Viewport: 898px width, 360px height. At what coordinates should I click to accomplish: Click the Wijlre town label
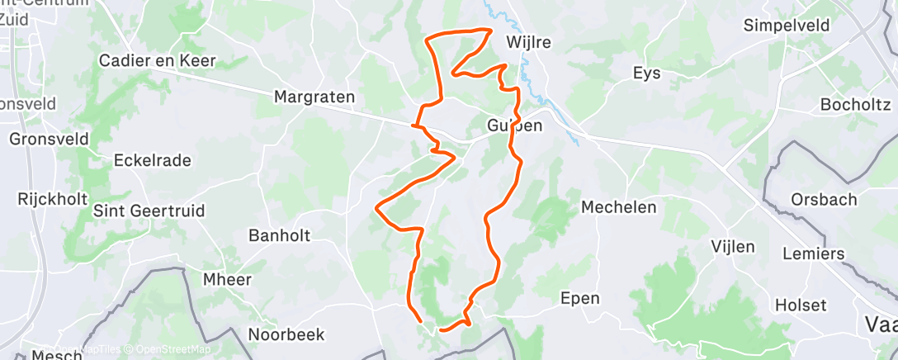(x=529, y=41)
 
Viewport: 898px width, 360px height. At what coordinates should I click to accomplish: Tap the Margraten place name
(x=314, y=97)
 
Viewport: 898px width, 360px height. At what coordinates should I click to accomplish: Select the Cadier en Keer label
(x=157, y=60)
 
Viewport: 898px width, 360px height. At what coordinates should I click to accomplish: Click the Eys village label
(x=646, y=73)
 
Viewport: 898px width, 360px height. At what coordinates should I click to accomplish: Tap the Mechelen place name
(x=619, y=207)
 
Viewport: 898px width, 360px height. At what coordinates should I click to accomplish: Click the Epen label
(x=579, y=298)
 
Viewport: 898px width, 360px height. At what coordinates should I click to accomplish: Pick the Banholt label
(x=279, y=235)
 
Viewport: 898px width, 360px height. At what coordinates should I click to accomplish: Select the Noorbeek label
(x=286, y=334)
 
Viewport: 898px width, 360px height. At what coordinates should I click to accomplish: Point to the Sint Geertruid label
(x=149, y=211)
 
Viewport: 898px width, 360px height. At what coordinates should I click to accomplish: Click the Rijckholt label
(x=46, y=199)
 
